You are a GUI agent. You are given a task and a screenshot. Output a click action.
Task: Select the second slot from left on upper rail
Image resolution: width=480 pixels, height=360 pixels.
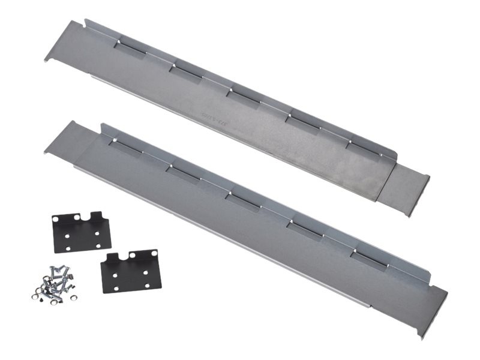pyautogui.click(x=185, y=70)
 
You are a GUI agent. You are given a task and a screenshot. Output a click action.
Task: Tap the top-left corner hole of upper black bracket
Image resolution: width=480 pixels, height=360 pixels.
pyautogui.click(x=59, y=218)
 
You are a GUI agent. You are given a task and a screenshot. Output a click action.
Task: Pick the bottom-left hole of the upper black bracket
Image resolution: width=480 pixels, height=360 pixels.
pyautogui.click(x=68, y=248)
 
